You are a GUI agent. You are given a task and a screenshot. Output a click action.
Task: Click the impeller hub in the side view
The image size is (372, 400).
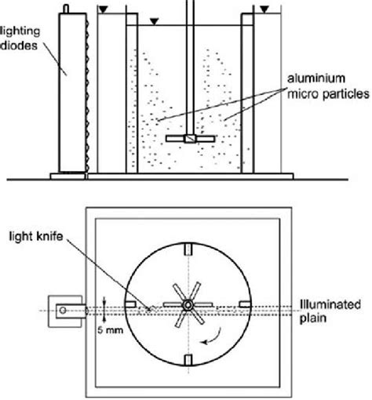click(188, 139)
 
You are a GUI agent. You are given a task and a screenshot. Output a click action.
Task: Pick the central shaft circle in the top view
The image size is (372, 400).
click(188, 304)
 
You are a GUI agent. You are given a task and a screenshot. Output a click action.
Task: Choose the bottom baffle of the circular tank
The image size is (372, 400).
click(188, 359)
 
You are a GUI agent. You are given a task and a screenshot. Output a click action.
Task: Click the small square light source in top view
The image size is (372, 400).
click(62, 308)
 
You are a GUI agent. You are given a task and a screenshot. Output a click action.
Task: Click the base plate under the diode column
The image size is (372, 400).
click(68, 176)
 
